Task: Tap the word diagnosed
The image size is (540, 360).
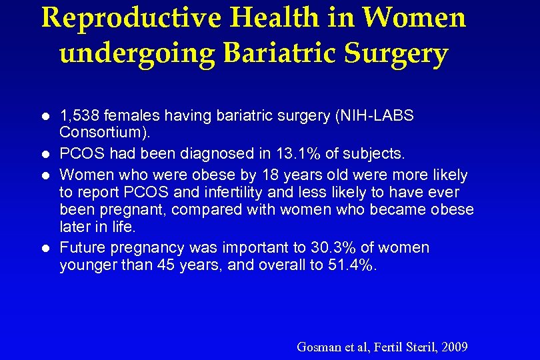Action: (211, 153)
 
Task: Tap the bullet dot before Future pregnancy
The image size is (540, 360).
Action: (44, 248)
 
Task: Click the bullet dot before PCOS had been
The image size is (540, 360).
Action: (44, 154)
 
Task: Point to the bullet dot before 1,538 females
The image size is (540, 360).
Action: (44, 116)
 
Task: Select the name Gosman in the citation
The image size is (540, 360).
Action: (319, 347)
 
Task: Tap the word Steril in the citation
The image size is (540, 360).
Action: (417, 347)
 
